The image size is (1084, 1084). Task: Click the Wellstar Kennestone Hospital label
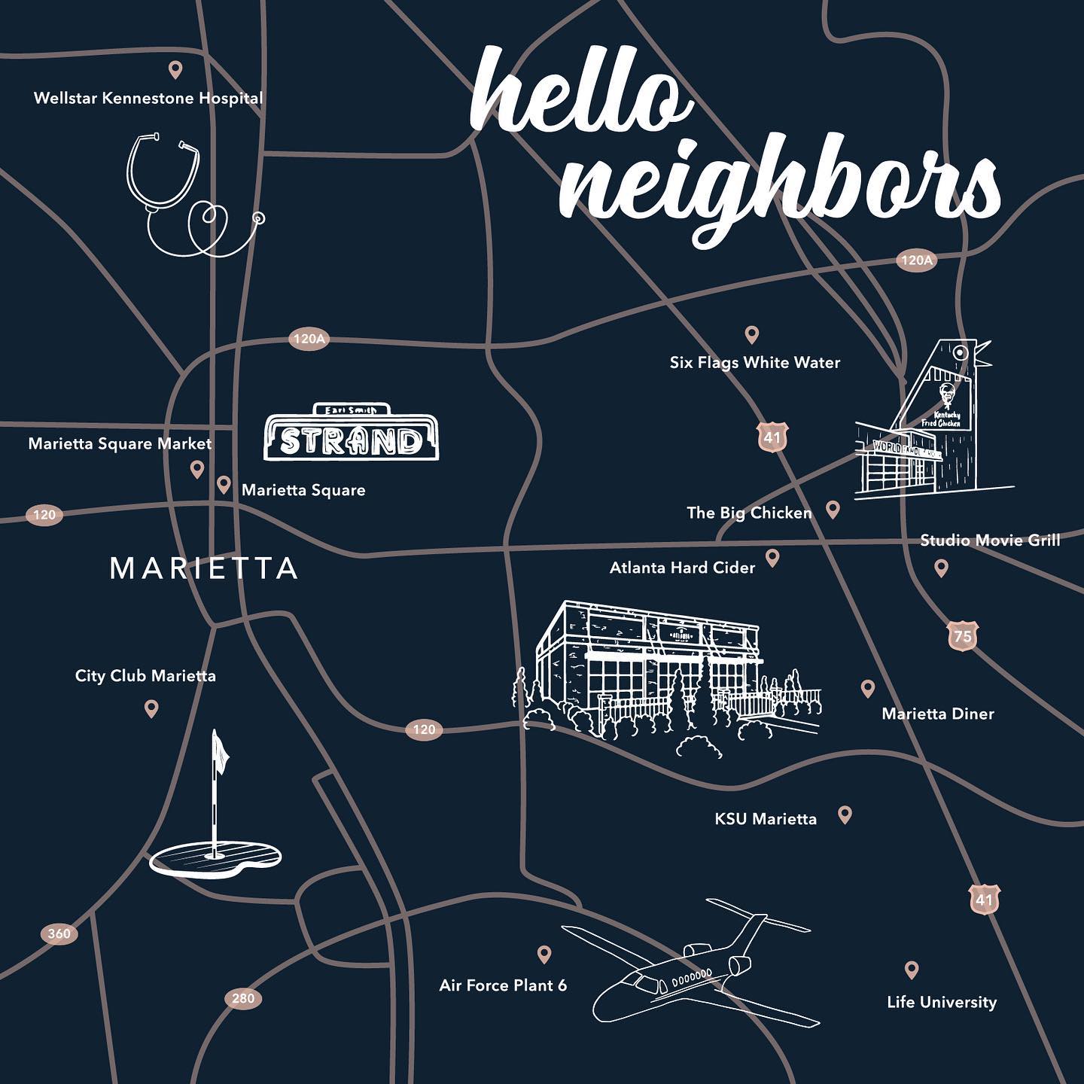tap(148, 98)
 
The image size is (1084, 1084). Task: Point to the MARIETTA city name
tap(203, 568)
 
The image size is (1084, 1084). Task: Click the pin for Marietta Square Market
tap(197, 470)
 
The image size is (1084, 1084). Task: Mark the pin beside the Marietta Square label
tap(224, 485)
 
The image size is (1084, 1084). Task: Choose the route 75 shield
tap(962, 637)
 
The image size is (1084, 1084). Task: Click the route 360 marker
tap(59, 934)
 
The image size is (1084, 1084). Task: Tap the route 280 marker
tap(242, 998)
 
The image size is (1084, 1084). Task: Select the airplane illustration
tap(700, 964)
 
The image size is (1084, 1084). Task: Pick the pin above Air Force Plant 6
tap(544, 955)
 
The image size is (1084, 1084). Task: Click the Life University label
tap(941, 1002)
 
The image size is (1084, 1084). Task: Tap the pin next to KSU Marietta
tap(845, 814)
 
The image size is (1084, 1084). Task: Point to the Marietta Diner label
tap(937, 714)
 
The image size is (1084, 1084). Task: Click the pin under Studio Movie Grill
tap(941, 568)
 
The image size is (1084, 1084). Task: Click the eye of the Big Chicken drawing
tap(961, 352)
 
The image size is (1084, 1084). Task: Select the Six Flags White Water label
tap(754, 363)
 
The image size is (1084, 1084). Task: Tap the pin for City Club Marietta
tap(151, 708)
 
